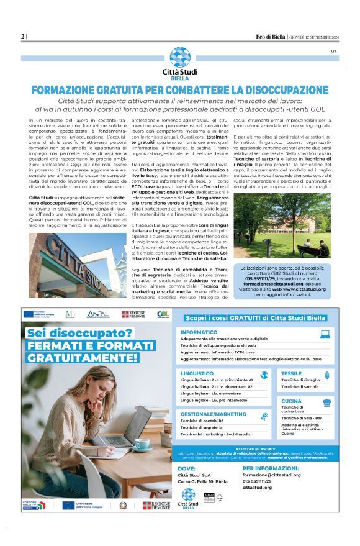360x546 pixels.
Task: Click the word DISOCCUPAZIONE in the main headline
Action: (x=268, y=89)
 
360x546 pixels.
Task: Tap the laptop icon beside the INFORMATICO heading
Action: (x=325, y=334)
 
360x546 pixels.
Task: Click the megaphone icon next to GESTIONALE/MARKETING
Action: (x=264, y=416)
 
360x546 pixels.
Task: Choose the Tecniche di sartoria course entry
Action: (x=300, y=386)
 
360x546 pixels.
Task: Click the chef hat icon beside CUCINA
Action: (x=326, y=402)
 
